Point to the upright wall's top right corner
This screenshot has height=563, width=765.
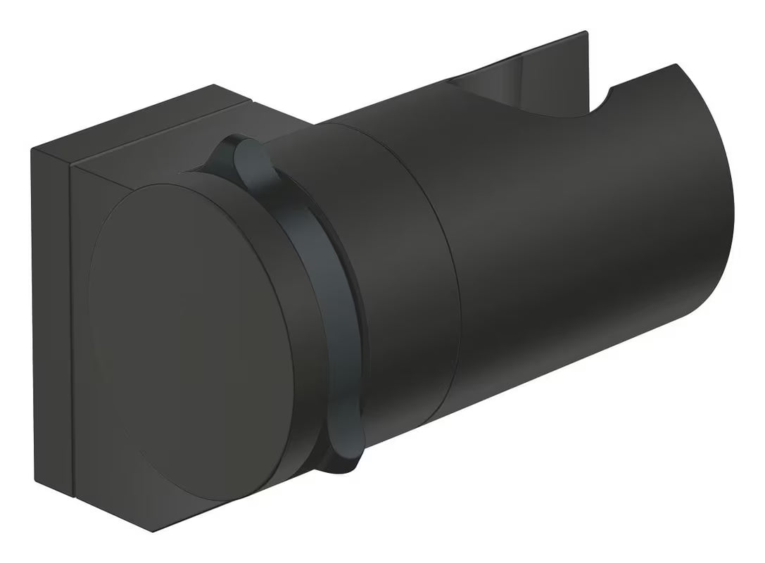pyautogui.click(x=586, y=32)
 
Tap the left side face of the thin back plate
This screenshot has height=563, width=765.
pyautogui.click(x=51, y=317)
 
